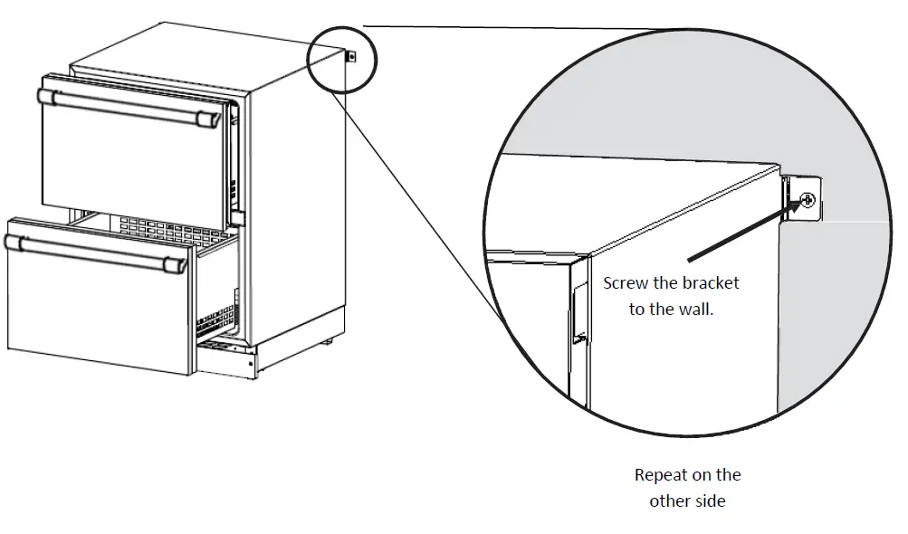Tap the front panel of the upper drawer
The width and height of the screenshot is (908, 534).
127,163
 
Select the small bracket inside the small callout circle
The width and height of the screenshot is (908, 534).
351,57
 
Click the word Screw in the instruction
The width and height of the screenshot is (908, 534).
626,283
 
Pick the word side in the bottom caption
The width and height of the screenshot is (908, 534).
709,501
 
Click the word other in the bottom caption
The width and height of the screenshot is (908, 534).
668,501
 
